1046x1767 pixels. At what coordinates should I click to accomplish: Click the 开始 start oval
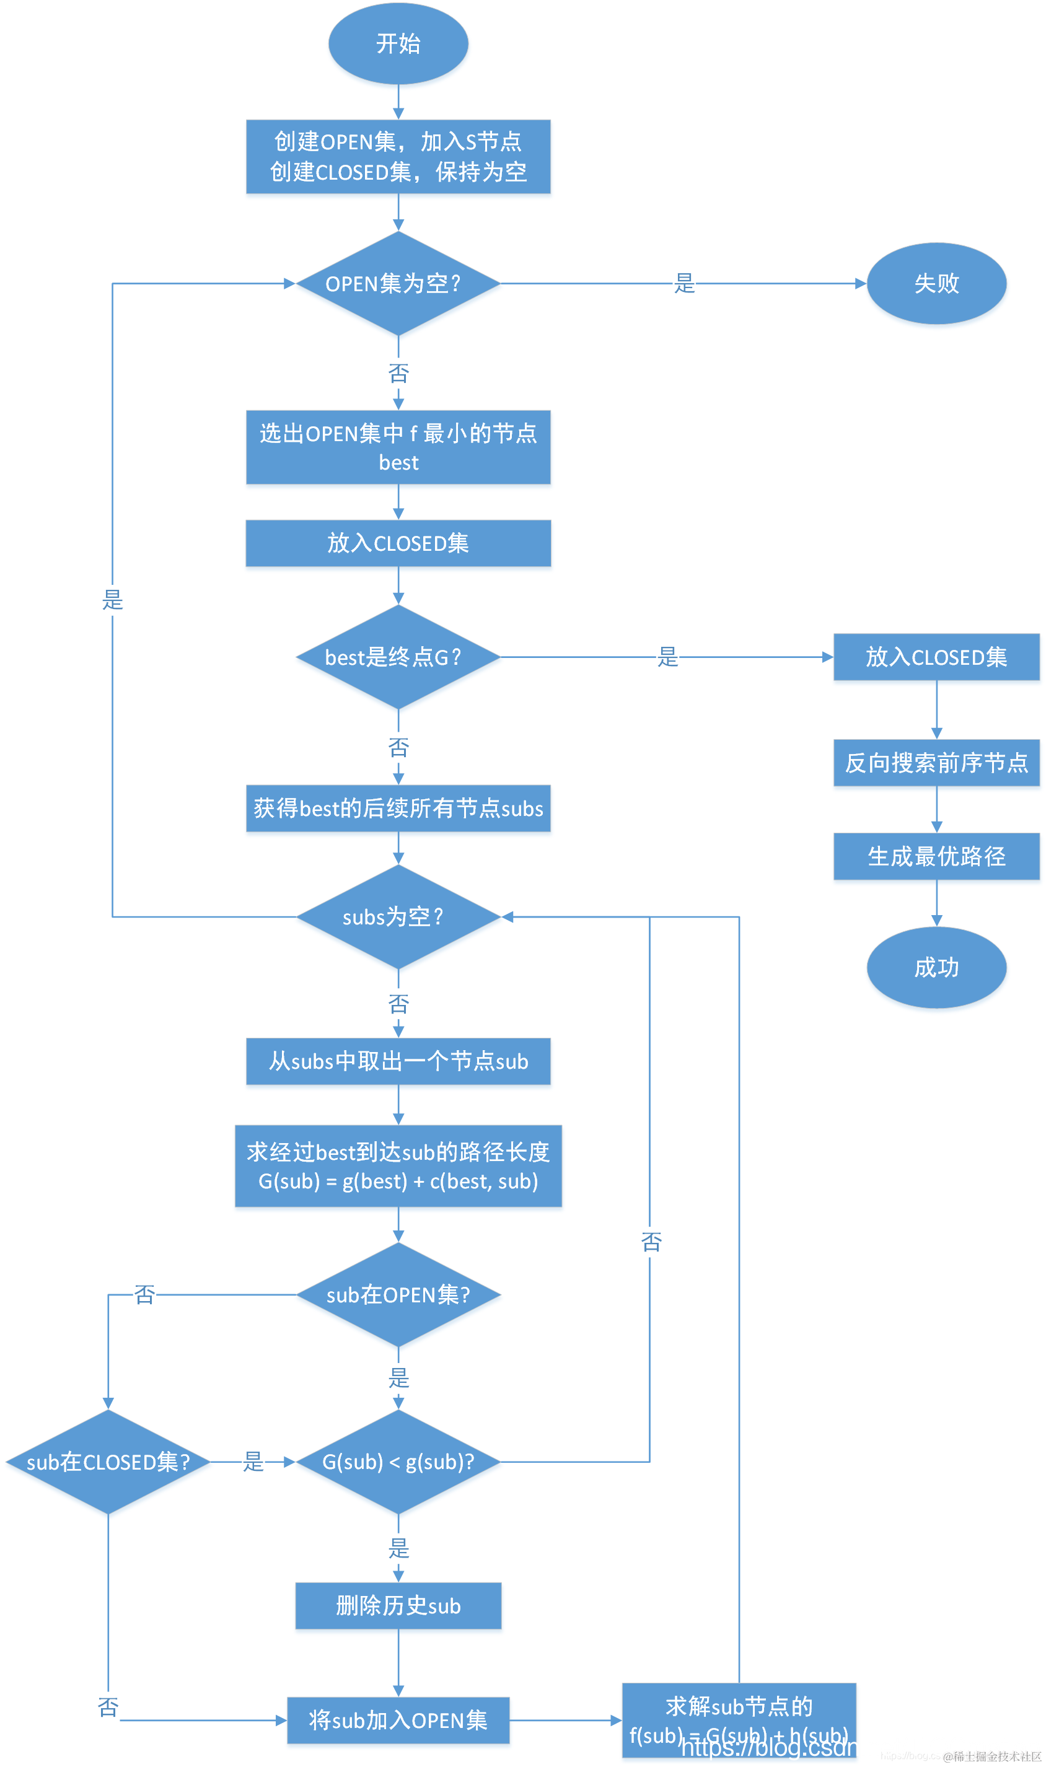(x=398, y=44)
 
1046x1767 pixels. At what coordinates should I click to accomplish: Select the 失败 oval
(x=936, y=283)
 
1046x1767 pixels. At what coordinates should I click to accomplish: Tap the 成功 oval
(x=936, y=967)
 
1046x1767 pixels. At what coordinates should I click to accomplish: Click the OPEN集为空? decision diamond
(x=398, y=283)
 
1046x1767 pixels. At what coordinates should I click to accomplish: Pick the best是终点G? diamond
(x=398, y=657)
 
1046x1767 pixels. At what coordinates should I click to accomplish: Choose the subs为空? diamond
(x=398, y=916)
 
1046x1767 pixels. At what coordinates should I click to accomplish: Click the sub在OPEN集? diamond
(x=398, y=1294)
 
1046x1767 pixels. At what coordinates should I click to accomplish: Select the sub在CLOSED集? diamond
(x=108, y=1462)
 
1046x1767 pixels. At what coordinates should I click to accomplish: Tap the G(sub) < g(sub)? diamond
(x=398, y=1462)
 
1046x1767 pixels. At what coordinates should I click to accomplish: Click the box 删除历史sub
(x=398, y=1606)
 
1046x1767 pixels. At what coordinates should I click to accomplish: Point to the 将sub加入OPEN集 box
(x=398, y=1720)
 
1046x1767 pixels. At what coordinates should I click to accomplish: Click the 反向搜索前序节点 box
(x=936, y=762)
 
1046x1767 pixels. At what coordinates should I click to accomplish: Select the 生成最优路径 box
(x=936, y=856)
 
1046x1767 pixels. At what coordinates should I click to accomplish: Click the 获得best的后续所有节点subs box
(x=398, y=808)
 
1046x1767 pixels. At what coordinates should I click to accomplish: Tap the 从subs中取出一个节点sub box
(x=398, y=1061)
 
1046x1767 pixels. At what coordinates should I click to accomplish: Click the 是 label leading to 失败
(x=684, y=283)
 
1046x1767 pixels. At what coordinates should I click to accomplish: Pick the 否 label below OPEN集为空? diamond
(x=398, y=374)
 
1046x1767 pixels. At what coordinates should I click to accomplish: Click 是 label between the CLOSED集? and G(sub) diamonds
(x=253, y=1462)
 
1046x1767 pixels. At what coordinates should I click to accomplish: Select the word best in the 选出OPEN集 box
(x=398, y=463)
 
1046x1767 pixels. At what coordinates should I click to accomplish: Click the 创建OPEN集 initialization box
(x=398, y=156)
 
